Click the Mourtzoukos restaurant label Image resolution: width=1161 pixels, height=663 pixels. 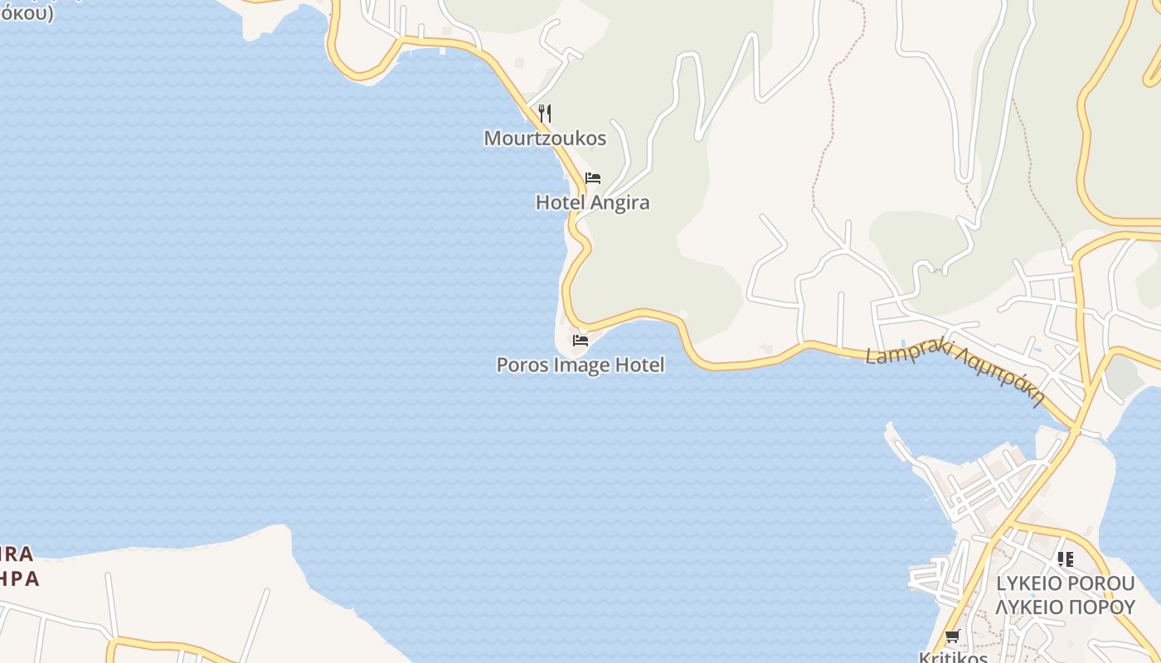tap(545, 138)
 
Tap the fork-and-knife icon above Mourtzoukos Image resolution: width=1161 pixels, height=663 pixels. tap(545, 113)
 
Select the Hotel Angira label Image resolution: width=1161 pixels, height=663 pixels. tap(592, 203)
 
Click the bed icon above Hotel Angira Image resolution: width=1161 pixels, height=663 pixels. tap(592, 178)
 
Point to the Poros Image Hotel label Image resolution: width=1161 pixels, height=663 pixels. tap(580, 365)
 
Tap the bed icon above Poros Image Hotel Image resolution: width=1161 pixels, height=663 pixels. tap(580, 340)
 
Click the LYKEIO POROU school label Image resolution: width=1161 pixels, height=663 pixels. tap(1065, 583)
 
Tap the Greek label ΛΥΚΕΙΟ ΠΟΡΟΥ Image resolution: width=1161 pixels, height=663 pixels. tap(1065, 607)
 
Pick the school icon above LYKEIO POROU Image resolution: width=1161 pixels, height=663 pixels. tap(1066, 559)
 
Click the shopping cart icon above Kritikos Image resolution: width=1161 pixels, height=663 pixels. tap(952, 636)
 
